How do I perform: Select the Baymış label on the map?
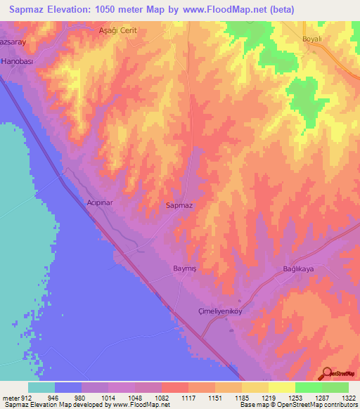tap(187, 268)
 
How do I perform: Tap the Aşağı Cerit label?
tap(117, 31)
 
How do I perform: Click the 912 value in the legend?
tap(26, 398)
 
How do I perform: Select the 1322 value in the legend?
tap(348, 398)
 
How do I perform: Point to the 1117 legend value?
tap(188, 398)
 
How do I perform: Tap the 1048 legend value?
tap(135, 398)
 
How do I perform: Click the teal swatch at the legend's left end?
tap(41, 387)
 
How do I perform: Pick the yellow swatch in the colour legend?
tap(281, 387)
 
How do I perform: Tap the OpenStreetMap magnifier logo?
tap(328, 374)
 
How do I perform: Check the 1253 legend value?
tap(295, 398)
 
